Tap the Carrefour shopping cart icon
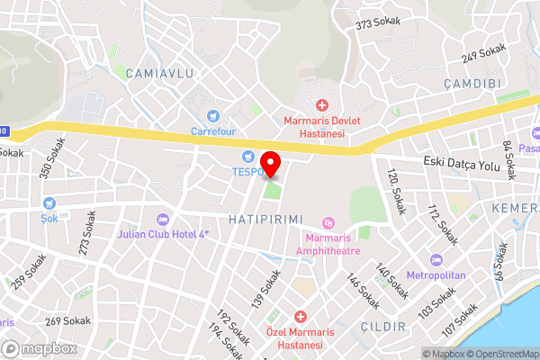(212, 115)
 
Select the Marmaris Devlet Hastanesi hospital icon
(322, 106)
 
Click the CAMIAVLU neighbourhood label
(160, 72)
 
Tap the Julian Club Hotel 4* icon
(162, 219)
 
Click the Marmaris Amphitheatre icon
(328, 222)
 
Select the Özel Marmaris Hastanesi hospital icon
(301, 317)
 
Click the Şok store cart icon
(48, 203)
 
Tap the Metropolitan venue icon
(436, 259)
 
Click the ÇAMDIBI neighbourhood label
(471, 82)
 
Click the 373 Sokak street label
(376, 24)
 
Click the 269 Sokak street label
(67, 320)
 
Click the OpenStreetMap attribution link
(502, 354)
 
